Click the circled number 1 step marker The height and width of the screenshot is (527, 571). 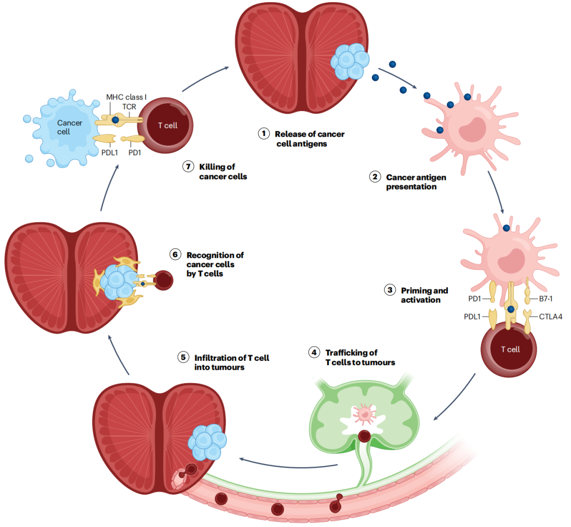pyautogui.click(x=264, y=133)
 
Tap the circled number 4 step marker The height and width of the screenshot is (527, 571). pyautogui.click(x=315, y=352)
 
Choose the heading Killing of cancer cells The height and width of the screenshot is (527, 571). pyautogui.click(x=223, y=171)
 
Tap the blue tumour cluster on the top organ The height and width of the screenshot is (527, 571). pyautogui.click(x=350, y=61)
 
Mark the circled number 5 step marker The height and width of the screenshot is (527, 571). pyautogui.click(x=182, y=357)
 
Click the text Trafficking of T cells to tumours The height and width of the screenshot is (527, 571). pyautogui.click(x=360, y=357)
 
